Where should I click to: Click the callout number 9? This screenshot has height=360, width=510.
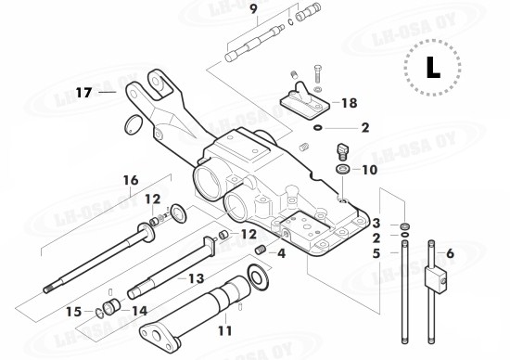click(x=253, y=10)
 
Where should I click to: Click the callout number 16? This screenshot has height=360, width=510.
click(x=130, y=179)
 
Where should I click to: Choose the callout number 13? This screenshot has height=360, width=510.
click(x=196, y=278)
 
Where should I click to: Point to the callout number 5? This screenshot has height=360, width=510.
click(x=376, y=252)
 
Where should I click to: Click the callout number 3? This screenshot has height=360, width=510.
click(x=376, y=224)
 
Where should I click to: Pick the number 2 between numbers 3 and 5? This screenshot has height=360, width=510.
click(x=376, y=238)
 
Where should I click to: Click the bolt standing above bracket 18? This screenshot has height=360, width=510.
click(x=315, y=74)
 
